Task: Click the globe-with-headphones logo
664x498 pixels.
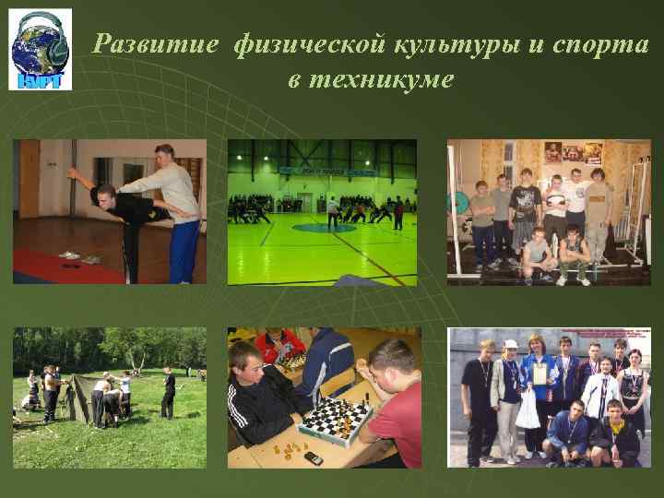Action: click(41, 50)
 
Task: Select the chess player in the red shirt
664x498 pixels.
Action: click(395, 406)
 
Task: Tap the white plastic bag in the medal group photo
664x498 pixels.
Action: click(528, 413)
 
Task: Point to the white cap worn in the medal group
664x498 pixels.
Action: click(510, 344)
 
